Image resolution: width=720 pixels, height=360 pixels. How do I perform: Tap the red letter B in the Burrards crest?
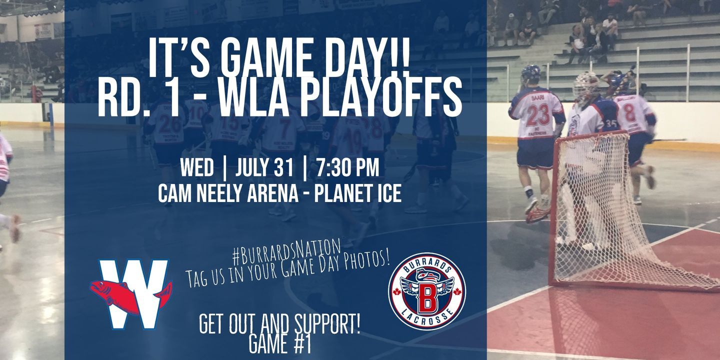pyautogui.click(x=426, y=298)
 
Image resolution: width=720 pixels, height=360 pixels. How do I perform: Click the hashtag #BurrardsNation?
pyautogui.click(x=286, y=250)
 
